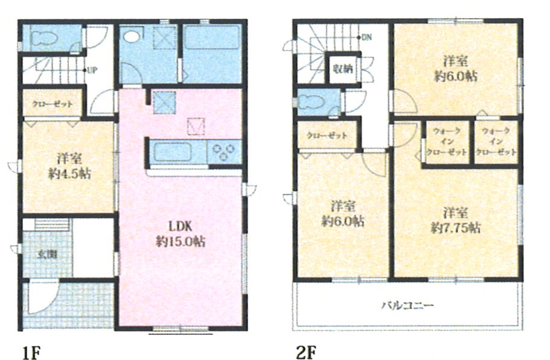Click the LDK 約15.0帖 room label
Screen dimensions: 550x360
(x=181, y=234)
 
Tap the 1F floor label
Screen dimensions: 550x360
(x=32, y=352)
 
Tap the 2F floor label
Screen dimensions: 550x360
(x=306, y=352)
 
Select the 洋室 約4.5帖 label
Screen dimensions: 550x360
(x=69, y=166)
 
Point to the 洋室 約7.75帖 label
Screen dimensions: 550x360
(x=455, y=220)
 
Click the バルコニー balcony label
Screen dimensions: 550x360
(x=408, y=305)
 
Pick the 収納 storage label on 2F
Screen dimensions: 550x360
(x=342, y=69)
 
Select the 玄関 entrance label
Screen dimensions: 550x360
(x=47, y=254)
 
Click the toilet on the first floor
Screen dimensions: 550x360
(x=44, y=38)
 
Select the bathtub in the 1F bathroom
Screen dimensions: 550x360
(x=211, y=37)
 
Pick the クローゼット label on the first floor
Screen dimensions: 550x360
(x=53, y=104)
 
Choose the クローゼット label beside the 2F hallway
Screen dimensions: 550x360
(x=327, y=135)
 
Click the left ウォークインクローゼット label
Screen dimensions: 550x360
(x=447, y=142)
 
